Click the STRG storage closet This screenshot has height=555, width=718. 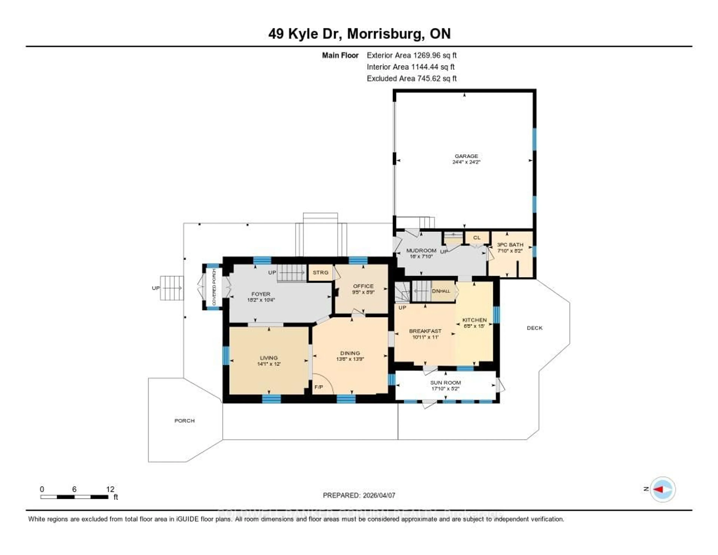[x=320, y=272]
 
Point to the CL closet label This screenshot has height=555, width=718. [x=477, y=237]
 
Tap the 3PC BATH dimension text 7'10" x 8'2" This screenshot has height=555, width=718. [x=510, y=251]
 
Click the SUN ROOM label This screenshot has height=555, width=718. [x=445, y=383]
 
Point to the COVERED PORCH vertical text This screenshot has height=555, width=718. [x=214, y=287]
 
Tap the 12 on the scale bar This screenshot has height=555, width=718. [x=110, y=489]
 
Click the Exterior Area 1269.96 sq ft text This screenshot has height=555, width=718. [x=412, y=55]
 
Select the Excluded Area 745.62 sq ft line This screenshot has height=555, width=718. [x=412, y=78]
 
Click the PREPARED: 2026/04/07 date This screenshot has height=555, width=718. [x=359, y=495]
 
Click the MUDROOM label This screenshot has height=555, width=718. [x=421, y=250]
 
